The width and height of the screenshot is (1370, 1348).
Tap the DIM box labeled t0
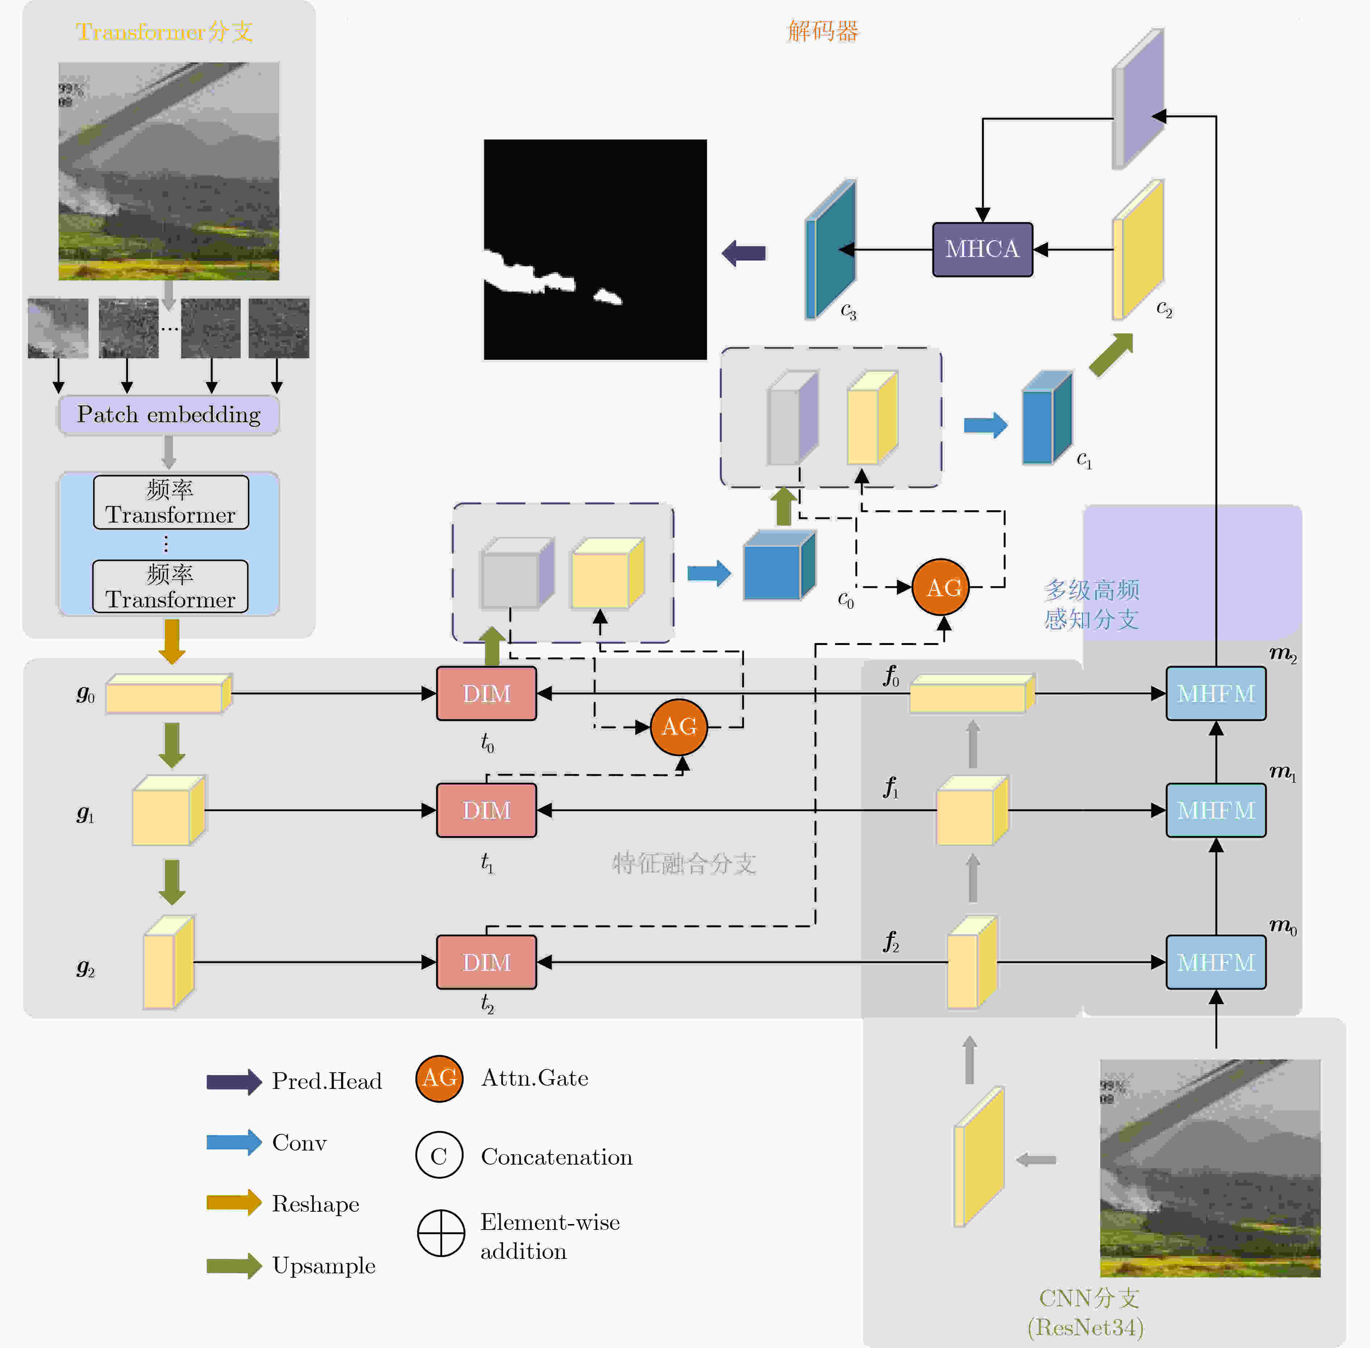point(486,693)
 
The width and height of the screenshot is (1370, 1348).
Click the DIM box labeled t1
point(486,810)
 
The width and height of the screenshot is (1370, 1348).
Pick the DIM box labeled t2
point(486,962)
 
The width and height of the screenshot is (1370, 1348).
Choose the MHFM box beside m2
point(1216,693)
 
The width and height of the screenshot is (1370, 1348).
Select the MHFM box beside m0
point(1216,962)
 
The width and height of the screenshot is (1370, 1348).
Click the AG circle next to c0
point(940,587)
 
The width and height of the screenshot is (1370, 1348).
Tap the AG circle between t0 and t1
point(678,727)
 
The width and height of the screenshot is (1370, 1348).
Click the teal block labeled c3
point(830,249)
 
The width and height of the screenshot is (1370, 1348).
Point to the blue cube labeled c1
point(1047,418)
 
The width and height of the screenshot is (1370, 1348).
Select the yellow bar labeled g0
point(169,693)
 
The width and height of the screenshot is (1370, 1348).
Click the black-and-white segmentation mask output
point(595,249)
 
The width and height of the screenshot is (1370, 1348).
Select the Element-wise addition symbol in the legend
point(440,1233)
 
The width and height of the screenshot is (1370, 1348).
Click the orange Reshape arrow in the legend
point(234,1202)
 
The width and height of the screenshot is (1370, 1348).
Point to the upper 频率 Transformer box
point(171,502)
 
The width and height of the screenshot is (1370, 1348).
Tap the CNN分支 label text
point(1089,1298)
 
